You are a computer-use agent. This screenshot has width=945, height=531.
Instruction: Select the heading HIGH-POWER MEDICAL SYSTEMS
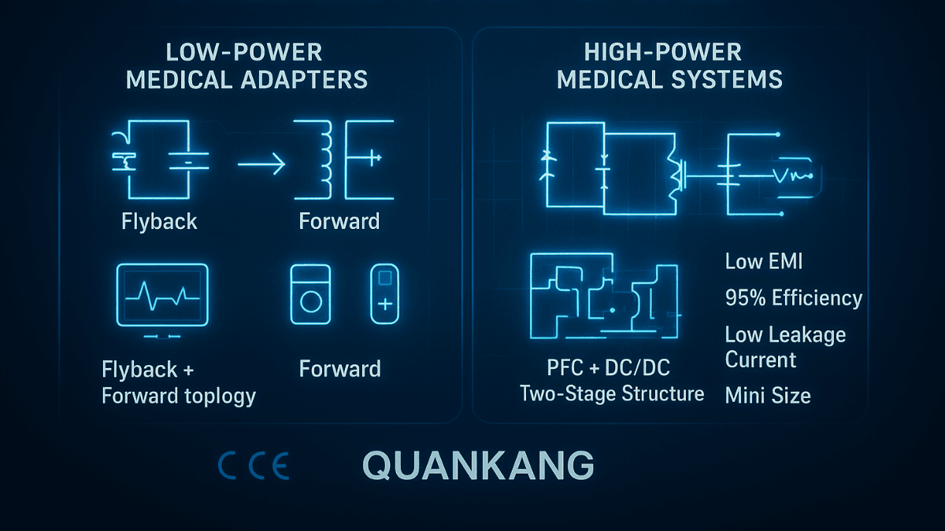coord(669,66)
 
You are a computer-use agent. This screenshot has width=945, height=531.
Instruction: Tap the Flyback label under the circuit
coord(159,222)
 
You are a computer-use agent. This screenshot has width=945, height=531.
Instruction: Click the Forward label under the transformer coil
coord(339,222)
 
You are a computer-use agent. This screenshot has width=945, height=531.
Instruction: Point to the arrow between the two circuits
coord(261,164)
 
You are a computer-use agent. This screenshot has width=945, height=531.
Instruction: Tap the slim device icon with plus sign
coord(385,293)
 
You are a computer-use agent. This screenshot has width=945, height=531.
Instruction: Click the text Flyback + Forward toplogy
coord(179,382)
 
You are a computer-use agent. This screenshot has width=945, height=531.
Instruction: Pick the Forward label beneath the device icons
coord(339,369)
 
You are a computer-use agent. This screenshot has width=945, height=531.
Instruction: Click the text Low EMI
coord(764,262)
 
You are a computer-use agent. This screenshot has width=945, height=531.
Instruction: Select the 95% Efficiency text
coord(793,298)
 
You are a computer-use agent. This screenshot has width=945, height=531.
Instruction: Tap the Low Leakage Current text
coord(785,347)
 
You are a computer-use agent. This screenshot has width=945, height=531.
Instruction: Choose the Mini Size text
coord(767,395)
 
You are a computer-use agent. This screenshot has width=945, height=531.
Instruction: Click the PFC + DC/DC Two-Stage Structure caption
coord(612,382)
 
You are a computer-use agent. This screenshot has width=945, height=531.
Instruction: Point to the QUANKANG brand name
coord(478,466)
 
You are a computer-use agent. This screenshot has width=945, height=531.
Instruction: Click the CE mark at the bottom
coord(254,466)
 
